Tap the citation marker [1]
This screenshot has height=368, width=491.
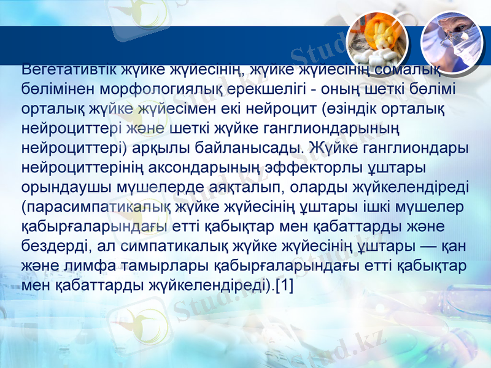click(284, 286)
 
